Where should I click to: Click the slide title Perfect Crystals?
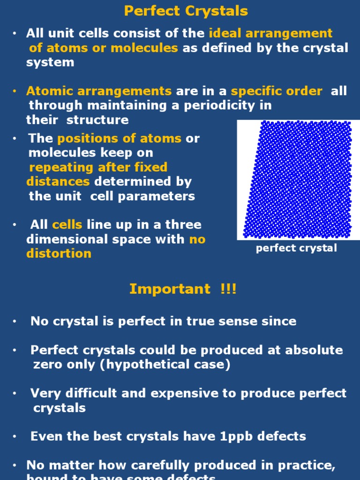coord(186,11)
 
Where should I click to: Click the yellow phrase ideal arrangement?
coord(270,33)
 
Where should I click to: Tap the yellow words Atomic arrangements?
coord(99,91)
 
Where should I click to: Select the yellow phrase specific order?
coord(277,91)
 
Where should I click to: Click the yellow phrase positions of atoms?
coord(120,139)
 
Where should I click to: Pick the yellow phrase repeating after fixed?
coord(98,167)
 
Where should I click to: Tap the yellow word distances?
coord(58,181)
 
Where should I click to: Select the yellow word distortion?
coord(59,254)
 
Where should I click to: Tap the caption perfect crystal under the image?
coord(296,248)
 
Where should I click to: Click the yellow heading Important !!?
coord(183,289)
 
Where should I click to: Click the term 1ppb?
coord(237,436)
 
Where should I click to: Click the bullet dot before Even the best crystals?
coord(15,437)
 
